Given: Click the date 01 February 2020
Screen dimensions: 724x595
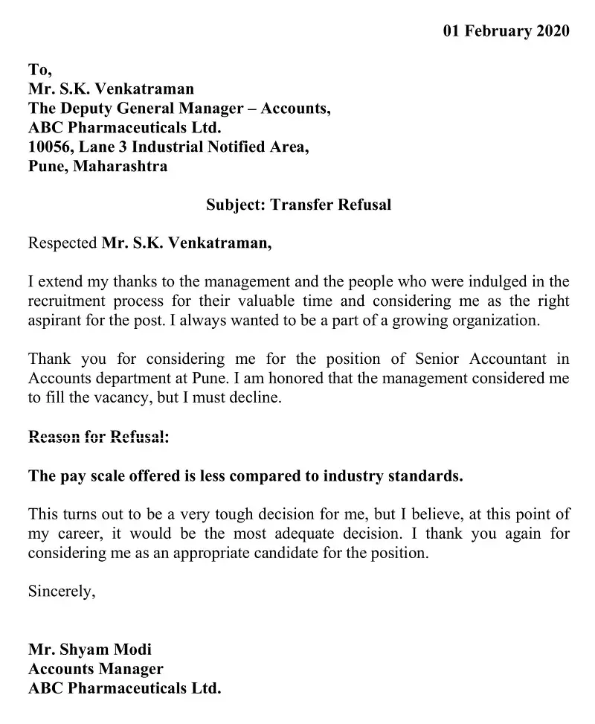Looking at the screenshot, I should [x=506, y=31].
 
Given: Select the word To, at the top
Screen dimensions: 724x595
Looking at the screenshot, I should [x=40, y=70].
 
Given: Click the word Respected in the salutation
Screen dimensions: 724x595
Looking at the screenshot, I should [x=62, y=243].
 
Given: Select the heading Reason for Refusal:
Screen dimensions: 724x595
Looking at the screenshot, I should [x=98, y=437].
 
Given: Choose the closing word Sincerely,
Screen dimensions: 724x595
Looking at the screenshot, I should [x=62, y=592].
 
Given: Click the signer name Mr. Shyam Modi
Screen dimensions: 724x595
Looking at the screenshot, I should [x=90, y=650].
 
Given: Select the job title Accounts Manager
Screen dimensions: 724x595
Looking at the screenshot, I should [x=95, y=669].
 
